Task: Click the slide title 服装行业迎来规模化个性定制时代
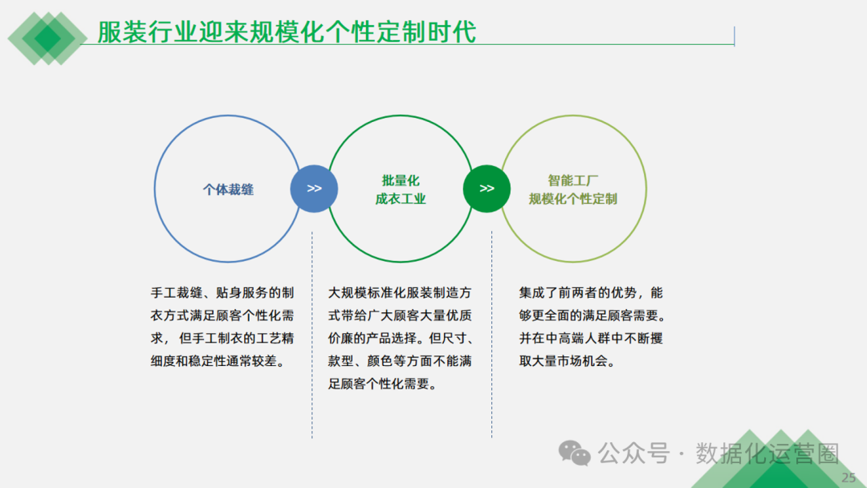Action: click(x=287, y=31)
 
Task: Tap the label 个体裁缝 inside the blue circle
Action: click(x=228, y=189)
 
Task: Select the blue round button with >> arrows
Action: click(x=314, y=189)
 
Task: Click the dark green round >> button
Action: click(x=486, y=189)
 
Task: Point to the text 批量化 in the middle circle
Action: click(x=401, y=181)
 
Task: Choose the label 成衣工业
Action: click(x=401, y=199)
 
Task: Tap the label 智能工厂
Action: click(x=573, y=181)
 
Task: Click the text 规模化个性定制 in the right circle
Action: click(x=573, y=199)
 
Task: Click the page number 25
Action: click(x=849, y=478)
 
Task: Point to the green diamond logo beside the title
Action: click(x=47, y=37)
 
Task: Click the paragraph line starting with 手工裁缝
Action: click(x=222, y=292)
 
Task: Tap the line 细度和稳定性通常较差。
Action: click(x=218, y=361)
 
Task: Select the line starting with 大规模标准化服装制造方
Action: click(x=400, y=292)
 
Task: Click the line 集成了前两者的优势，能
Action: click(x=591, y=292)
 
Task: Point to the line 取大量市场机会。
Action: click(x=567, y=361)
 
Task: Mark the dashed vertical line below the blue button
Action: click(x=312, y=337)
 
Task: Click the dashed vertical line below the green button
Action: click(x=491, y=337)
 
